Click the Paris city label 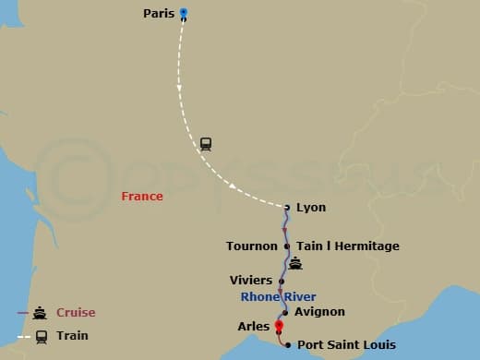pos(159,13)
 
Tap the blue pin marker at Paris pos(183,13)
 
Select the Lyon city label pos(311,207)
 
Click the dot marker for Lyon pos(287,207)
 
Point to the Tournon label pos(251,246)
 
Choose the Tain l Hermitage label pos(348,246)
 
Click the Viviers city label pos(251,280)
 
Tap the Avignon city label pos(319,312)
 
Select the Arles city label pos(253,326)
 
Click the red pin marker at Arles pos(278,325)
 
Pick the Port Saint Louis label pos(346,345)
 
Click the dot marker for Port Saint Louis pos(288,345)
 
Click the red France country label pos(142,196)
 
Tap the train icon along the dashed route pos(205,144)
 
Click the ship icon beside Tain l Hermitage pos(295,264)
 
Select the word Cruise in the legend pos(76,312)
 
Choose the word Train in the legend pos(72,335)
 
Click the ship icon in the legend pos(40,312)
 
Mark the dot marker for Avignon pos(285,312)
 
